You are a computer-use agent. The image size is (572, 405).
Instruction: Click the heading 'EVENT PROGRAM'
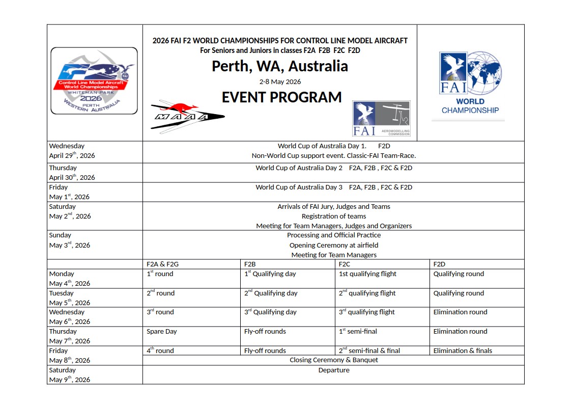(x=281, y=97)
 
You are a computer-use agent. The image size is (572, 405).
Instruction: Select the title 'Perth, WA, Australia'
(x=280, y=66)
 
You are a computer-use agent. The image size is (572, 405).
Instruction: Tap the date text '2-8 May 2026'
(x=280, y=82)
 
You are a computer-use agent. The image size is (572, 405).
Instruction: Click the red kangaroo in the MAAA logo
(x=179, y=107)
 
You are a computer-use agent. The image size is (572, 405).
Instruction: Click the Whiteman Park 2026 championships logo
(x=94, y=80)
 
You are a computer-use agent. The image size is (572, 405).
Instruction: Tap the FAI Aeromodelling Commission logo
(x=381, y=118)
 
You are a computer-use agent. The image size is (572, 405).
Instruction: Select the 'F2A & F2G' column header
(x=162, y=264)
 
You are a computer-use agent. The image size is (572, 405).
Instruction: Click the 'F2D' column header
(x=439, y=264)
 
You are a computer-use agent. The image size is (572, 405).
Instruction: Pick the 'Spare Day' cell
(x=162, y=332)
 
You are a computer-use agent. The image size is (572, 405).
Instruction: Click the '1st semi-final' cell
(x=358, y=332)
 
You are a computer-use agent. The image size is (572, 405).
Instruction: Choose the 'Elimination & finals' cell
(x=463, y=350)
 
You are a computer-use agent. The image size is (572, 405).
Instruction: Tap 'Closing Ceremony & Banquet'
(x=334, y=360)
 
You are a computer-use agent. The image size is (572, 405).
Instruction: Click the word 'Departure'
(x=334, y=370)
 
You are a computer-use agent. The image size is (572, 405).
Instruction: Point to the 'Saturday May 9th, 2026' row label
(x=69, y=375)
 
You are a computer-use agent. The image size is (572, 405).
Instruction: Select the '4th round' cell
(x=160, y=350)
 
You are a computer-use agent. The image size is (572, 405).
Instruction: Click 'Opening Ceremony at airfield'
(x=334, y=245)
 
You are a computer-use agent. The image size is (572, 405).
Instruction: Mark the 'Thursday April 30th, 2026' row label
(x=72, y=173)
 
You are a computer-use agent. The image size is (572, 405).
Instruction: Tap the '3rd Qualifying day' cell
(x=270, y=312)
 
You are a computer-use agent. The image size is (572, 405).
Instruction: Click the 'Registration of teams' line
(x=334, y=216)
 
